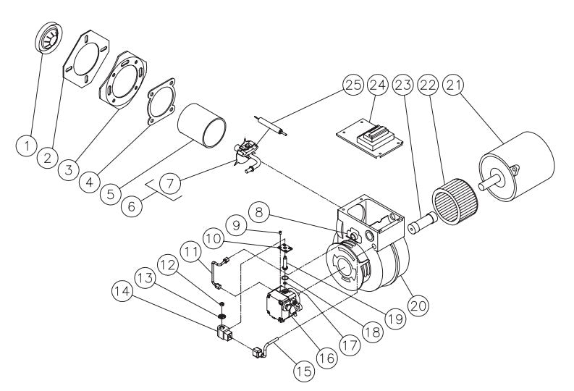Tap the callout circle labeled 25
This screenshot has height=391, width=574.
pos(353,85)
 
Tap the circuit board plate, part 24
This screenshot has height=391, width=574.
pos(369,135)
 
